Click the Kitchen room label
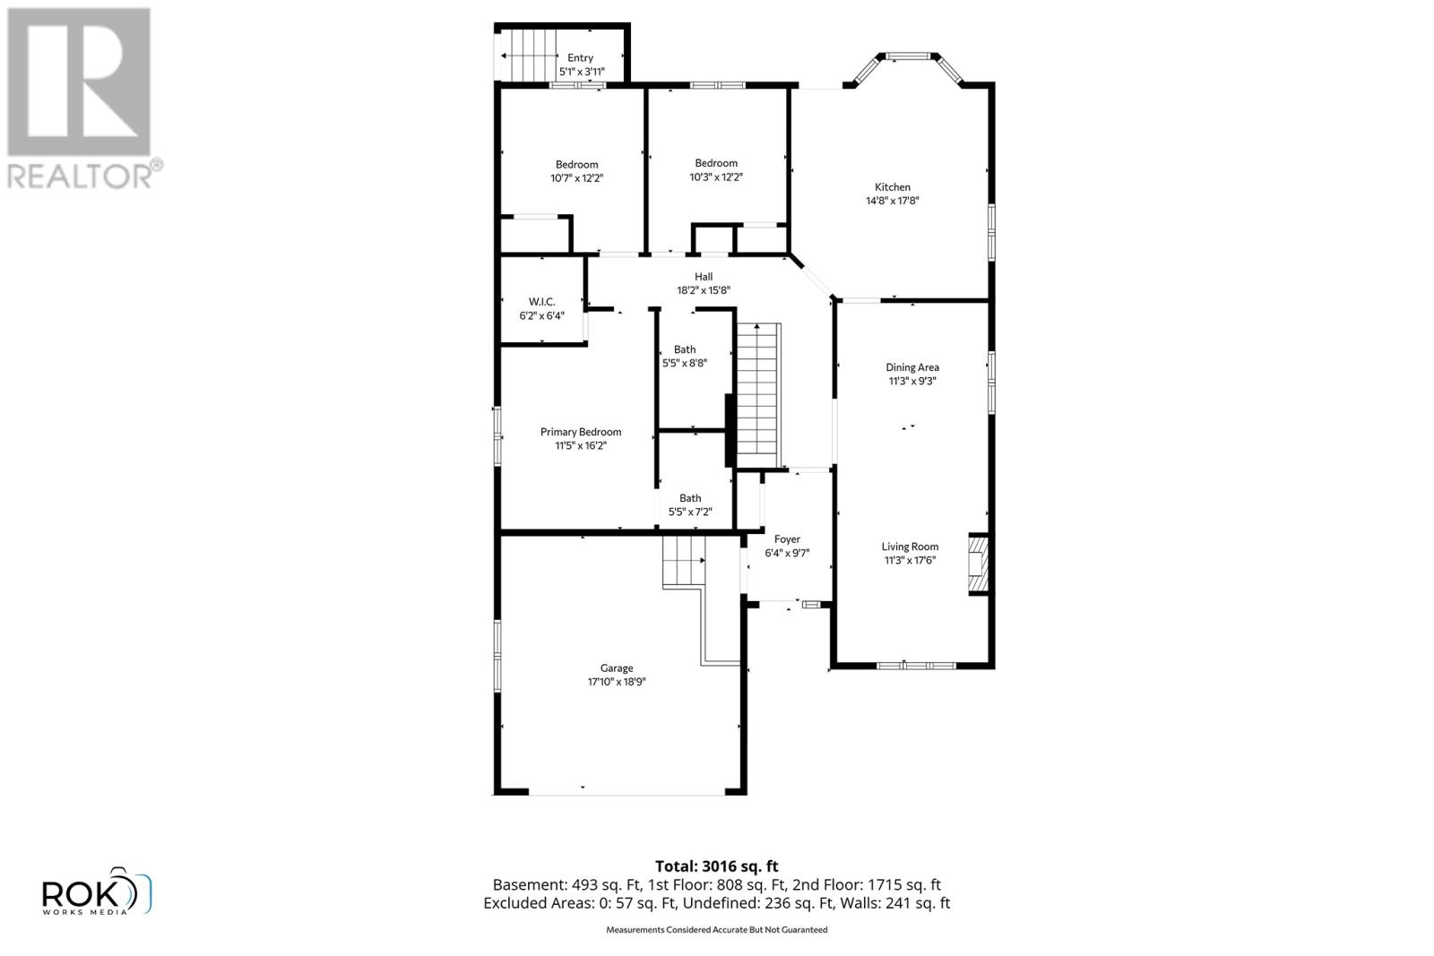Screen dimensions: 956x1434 [x=892, y=187]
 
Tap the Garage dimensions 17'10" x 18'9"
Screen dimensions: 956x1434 [x=617, y=682]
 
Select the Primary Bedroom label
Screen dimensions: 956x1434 [x=580, y=432]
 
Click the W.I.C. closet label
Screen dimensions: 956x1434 [x=541, y=302]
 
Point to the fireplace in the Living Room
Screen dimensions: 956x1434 [x=979, y=565]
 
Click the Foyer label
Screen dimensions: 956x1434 [x=787, y=539]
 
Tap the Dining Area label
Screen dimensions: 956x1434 [x=912, y=367]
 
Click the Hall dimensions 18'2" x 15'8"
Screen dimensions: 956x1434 [x=704, y=290]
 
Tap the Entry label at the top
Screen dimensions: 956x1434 [x=580, y=58]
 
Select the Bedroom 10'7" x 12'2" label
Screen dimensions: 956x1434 [x=576, y=165]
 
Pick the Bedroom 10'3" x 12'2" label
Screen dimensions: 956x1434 [x=716, y=163]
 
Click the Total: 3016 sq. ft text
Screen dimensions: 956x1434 [x=716, y=866]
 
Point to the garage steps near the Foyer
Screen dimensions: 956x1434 [x=685, y=562]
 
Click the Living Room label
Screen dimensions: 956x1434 [x=910, y=547]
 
